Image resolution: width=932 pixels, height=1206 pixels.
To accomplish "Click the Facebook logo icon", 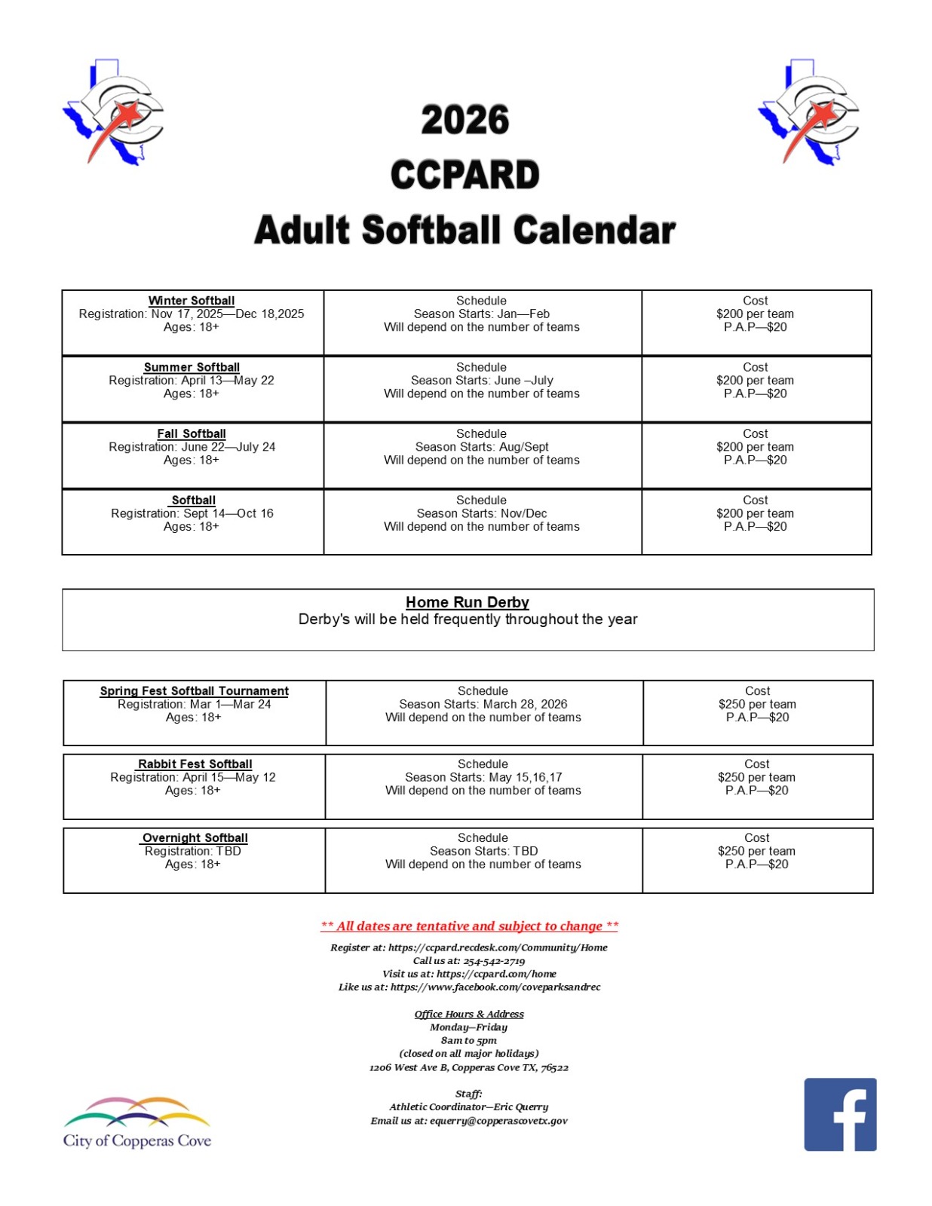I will tap(839, 1113).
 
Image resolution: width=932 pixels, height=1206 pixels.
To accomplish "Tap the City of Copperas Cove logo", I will tap(136, 1122).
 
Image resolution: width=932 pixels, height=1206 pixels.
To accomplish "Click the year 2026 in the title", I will tap(464, 121).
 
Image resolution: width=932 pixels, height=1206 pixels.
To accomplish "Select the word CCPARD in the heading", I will tap(464, 175).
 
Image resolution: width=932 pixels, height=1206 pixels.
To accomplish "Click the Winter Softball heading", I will tap(192, 301).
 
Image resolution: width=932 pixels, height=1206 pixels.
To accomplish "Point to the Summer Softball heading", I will tap(192, 367).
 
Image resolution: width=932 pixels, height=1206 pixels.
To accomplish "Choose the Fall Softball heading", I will tap(192, 433).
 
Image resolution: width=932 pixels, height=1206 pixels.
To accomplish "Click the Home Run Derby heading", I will tap(467, 602).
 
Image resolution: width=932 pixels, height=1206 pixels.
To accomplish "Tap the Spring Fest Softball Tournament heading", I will tap(194, 690).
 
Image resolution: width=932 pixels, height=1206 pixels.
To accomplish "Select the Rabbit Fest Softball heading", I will tap(195, 764).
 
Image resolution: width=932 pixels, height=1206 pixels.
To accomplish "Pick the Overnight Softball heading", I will tap(195, 837).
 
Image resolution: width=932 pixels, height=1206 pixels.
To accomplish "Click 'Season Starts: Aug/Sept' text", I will tap(482, 447).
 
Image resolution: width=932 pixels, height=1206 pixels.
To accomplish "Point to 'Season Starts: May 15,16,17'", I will tap(483, 777).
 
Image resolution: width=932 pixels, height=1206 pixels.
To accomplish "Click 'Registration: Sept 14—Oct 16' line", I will tap(192, 513).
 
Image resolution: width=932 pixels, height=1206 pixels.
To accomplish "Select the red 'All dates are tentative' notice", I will tap(469, 926).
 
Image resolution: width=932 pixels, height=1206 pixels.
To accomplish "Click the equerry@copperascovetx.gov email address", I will tap(498, 1121).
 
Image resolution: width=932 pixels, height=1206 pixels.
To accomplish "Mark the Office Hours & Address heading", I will tap(468, 1014).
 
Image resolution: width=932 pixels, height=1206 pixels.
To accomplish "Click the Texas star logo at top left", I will tap(113, 112).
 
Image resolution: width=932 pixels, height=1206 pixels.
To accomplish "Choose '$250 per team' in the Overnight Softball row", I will tap(756, 851).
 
